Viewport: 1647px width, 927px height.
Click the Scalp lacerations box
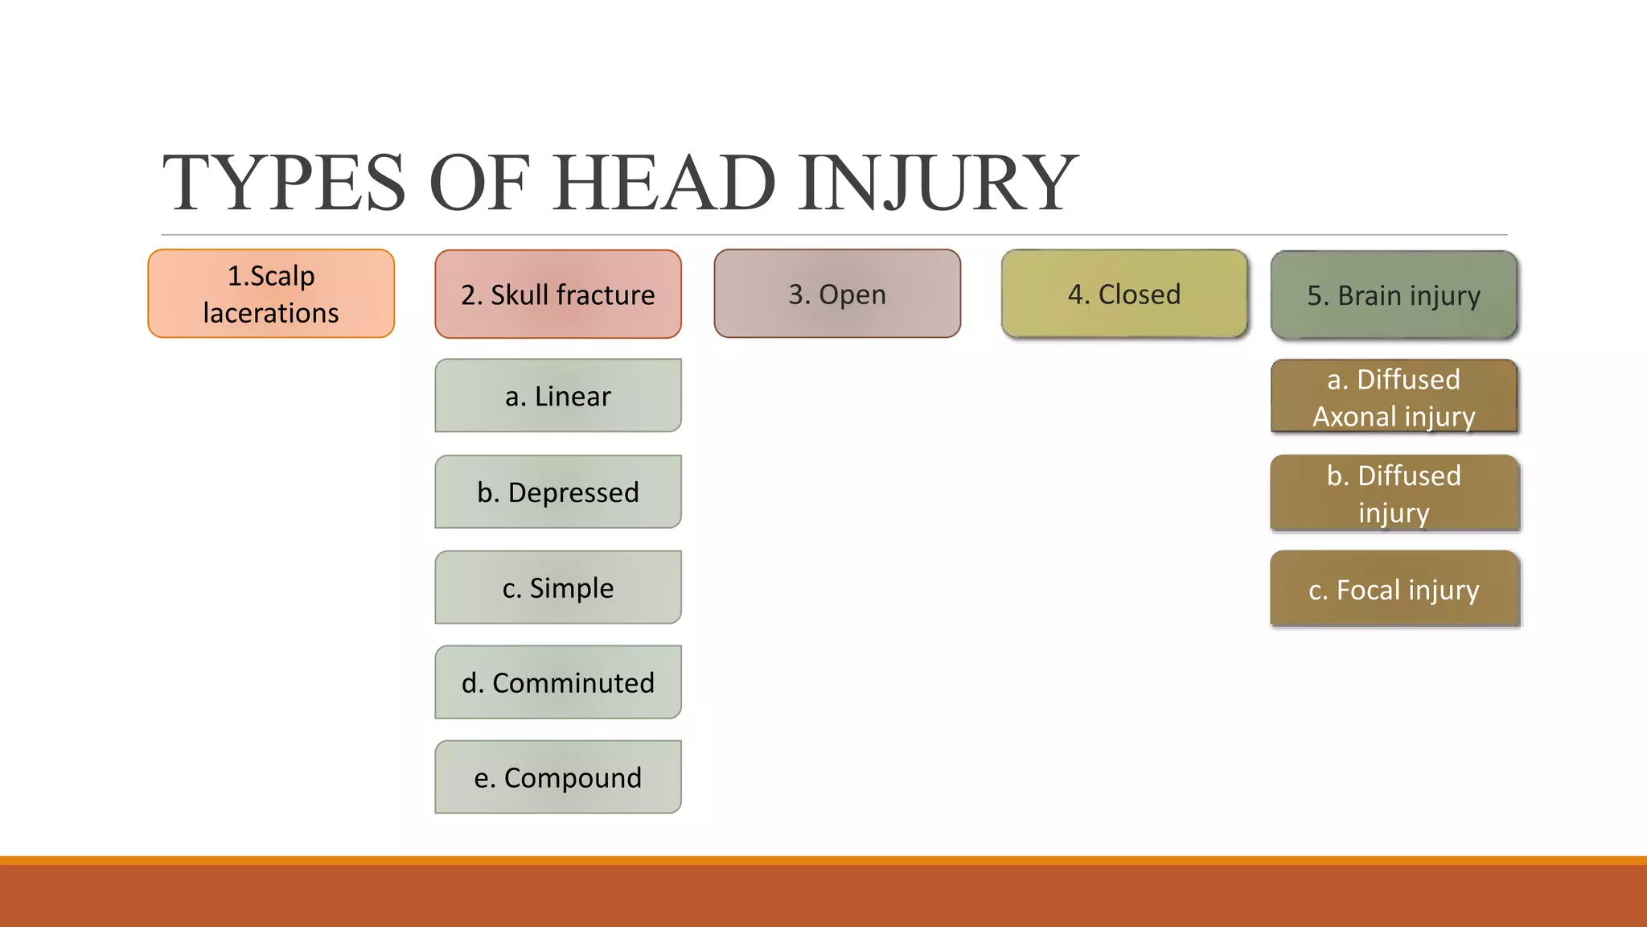coord(271,294)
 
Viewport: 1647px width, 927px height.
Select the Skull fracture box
coord(558,294)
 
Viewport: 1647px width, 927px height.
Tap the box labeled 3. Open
coord(837,294)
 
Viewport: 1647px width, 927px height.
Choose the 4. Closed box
coord(1124,294)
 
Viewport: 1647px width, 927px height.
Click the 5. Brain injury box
coord(1394,295)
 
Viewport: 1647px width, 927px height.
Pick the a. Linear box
coord(558,396)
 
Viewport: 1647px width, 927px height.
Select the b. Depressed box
coord(558,492)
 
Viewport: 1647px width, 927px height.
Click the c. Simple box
coord(558,587)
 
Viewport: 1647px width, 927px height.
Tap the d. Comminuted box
coord(558,682)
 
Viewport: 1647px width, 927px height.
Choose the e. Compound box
coord(558,777)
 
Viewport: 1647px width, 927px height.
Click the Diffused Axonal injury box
coord(1394,397)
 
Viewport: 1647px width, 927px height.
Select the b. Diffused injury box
coord(1394,493)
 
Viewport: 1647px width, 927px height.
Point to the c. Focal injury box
coord(1394,589)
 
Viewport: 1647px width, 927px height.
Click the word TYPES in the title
coord(285,183)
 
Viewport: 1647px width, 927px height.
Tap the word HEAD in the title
coord(664,183)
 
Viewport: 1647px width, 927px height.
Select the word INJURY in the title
coord(937,183)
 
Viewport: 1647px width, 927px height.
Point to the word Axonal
coord(1354,417)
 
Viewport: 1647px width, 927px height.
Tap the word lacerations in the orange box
coord(271,313)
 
